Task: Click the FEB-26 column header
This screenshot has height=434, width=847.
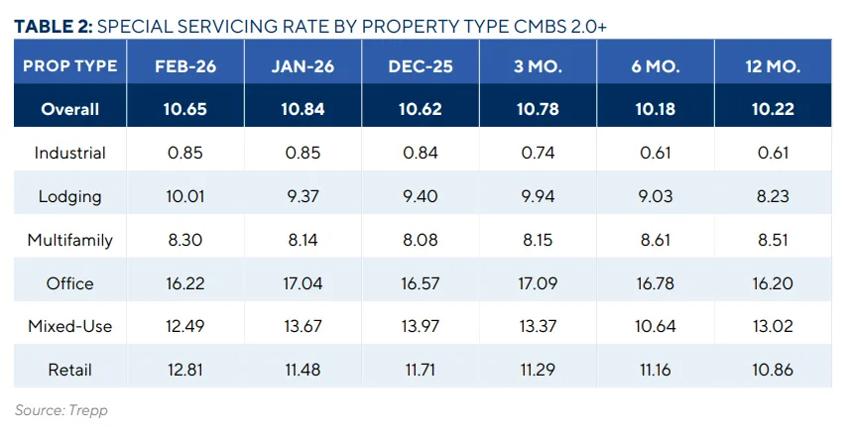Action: (185, 66)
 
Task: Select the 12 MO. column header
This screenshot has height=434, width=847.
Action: (772, 66)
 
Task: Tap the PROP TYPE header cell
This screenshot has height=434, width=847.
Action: (69, 66)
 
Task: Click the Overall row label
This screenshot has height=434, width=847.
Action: (69, 109)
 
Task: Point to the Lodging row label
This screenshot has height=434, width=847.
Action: (69, 196)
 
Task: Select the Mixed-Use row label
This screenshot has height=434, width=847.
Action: (69, 326)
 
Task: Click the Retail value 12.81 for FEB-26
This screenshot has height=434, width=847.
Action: (185, 370)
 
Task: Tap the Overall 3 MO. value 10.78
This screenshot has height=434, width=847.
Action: (537, 109)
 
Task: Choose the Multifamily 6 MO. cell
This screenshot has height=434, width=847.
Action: (654, 240)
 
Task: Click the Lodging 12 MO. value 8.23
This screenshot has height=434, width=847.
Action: (772, 196)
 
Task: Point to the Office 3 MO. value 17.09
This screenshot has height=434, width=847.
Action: (537, 283)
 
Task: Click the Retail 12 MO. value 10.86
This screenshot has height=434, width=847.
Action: (772, 370)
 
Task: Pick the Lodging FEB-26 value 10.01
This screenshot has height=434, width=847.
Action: (185, 196)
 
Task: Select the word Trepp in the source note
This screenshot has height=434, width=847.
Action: (89, 409)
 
